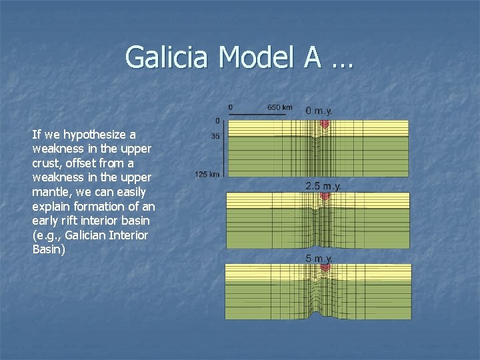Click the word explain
click(x=51, y=207)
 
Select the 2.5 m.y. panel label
click(x=323, y=186)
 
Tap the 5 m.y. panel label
click(x=319, y=258)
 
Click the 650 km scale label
click(x=279, y=107)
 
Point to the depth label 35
click(x=215, y=136)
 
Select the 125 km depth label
click(x=207, y=174)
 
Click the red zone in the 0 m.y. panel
click(x=325, y=125)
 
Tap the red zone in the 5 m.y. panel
click(x=325, y=268)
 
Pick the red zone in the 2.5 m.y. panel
click(x=325, y=197)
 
